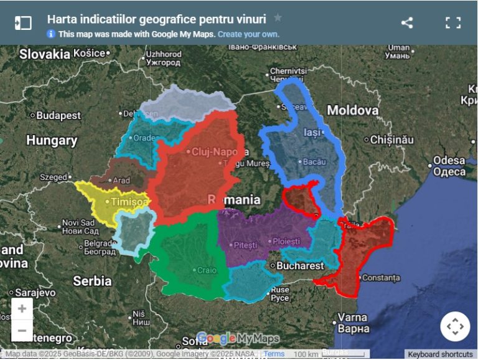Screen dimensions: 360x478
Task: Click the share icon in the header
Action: [x=407, y=23]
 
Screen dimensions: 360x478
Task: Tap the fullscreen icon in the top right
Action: [x=453, y=23]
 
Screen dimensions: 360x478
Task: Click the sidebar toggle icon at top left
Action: [x=23, y=23]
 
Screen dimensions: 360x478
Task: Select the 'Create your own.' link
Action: [x=248, y=34]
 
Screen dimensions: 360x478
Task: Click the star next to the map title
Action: [x=278, y=18]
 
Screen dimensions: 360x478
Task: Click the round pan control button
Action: [x=455, y=326]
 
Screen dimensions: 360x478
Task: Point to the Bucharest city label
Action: [x=300, y=266]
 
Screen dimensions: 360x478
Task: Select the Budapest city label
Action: [x=58, y=115]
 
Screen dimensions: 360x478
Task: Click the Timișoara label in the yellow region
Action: [x=129, y=202]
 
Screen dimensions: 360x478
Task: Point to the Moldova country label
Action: [x=353, y=110]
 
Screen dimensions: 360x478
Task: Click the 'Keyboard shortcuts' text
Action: [x=440, y=354]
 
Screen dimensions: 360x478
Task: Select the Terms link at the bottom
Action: [x=274, y=354]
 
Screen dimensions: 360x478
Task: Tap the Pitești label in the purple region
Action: [x=244, y=245]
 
